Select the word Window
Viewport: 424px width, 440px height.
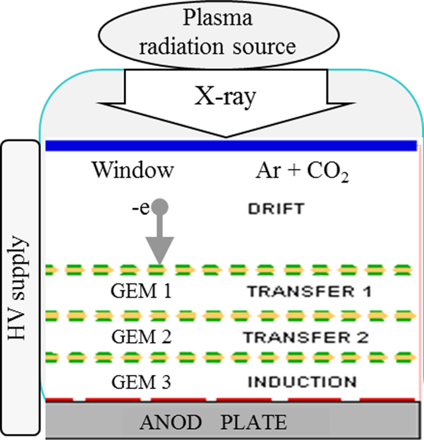[x=133, y=170]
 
